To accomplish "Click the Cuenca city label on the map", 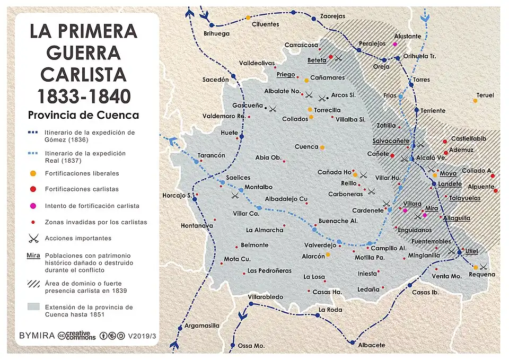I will click(306, 147).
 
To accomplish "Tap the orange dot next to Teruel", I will click(475, 101).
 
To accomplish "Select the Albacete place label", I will click(372, 345).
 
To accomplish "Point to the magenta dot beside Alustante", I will click(395, 43).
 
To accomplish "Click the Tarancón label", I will click(212, 155).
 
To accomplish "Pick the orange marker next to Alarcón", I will click(328, 254).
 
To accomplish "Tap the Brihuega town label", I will click(217, 33).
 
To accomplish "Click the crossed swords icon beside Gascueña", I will click(273, 109).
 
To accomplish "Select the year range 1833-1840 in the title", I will click(83, 95).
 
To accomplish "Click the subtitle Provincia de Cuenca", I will click(83, 115).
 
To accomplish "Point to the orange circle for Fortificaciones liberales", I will click(33, 173).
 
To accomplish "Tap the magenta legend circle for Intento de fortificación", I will click(33, 206).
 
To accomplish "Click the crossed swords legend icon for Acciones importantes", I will click(34, 238).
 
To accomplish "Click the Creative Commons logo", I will click(77, 336).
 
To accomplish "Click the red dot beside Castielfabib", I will click(445, 142).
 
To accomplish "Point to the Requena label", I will click(481, 275).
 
